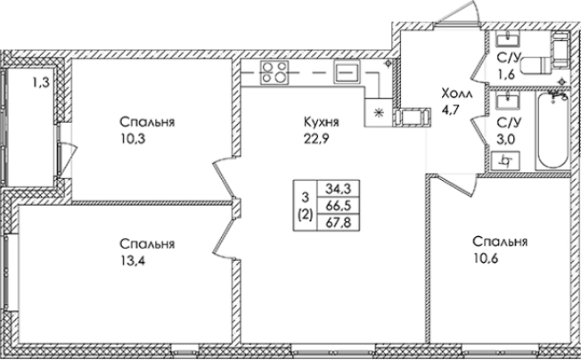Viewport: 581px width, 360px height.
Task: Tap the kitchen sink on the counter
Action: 344,72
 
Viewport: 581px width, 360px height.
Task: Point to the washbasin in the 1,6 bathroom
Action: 511,39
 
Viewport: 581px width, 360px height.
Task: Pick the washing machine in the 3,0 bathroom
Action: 506,161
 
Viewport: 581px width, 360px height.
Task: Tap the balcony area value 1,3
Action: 40,84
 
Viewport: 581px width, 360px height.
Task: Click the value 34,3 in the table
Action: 338,188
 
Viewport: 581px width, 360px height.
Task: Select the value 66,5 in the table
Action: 338,205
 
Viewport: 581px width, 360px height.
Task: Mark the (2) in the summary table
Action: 306,215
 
